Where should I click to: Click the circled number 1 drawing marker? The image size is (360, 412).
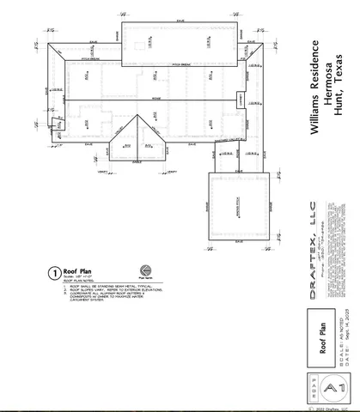[x=54, y=274]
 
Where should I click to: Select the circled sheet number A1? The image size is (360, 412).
[x=330, y=390]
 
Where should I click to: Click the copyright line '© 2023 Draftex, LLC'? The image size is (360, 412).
[x=328, y=409]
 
